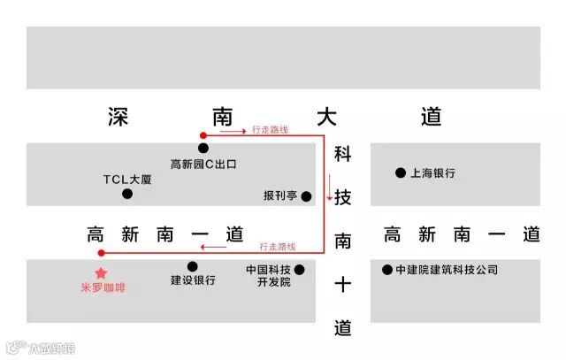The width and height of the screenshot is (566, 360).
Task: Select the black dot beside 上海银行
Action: pyautogui.click(x=401, y=172)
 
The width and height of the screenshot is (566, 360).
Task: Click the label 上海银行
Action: pyautogui.click(x=432, y=173)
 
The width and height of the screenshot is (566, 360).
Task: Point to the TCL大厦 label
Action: pyautogui.click(x=127, y=179)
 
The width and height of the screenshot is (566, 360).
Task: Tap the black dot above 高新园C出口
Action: pyautogui.click(x=203, y=149)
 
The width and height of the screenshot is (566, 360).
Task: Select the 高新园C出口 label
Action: pyautogui.click(x=203, y=164)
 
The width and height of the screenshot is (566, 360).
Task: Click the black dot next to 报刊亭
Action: pyautogui.click(x=307, y=195)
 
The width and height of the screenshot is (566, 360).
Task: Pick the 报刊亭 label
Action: pyautogui.click(x=280, y=195)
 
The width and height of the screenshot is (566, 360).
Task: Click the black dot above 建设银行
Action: pyautogui.click(x=193, y=266)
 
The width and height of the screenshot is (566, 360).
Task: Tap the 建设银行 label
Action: pyautogui.click(x=193, y=281)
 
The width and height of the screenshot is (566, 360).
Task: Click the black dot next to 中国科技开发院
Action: pyautogui.click(x=299, y=269)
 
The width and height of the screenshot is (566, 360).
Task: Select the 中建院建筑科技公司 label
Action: pyautogui.click(x=447, y=269)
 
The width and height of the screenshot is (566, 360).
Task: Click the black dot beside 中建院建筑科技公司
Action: pyautogui.click(x=386, y=269)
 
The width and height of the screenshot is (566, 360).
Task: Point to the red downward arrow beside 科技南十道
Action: pyautogui.click(x=330, y=188)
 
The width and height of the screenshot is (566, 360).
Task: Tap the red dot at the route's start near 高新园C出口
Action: pyautogui.click(x=203, y=135)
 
